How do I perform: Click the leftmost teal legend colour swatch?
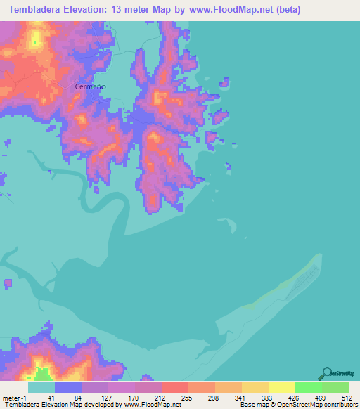pyautogui.click(x=41, y=387)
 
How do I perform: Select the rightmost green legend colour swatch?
pyautogui.click(x=335, y=387)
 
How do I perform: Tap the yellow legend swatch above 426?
pyautogui.click(x=281, y=387)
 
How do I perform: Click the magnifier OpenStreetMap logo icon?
pyautogui.click(x=326, y=373)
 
